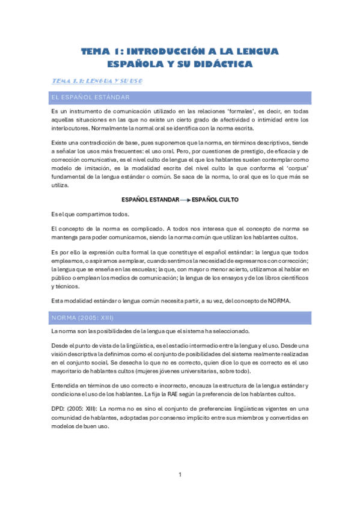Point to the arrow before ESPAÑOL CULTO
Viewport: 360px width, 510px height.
tap(185, 199)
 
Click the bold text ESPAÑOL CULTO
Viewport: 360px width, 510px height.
tap(215, 199)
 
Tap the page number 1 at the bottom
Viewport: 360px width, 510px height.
tap(180, 475)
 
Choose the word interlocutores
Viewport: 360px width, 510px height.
tap(72, 128)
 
